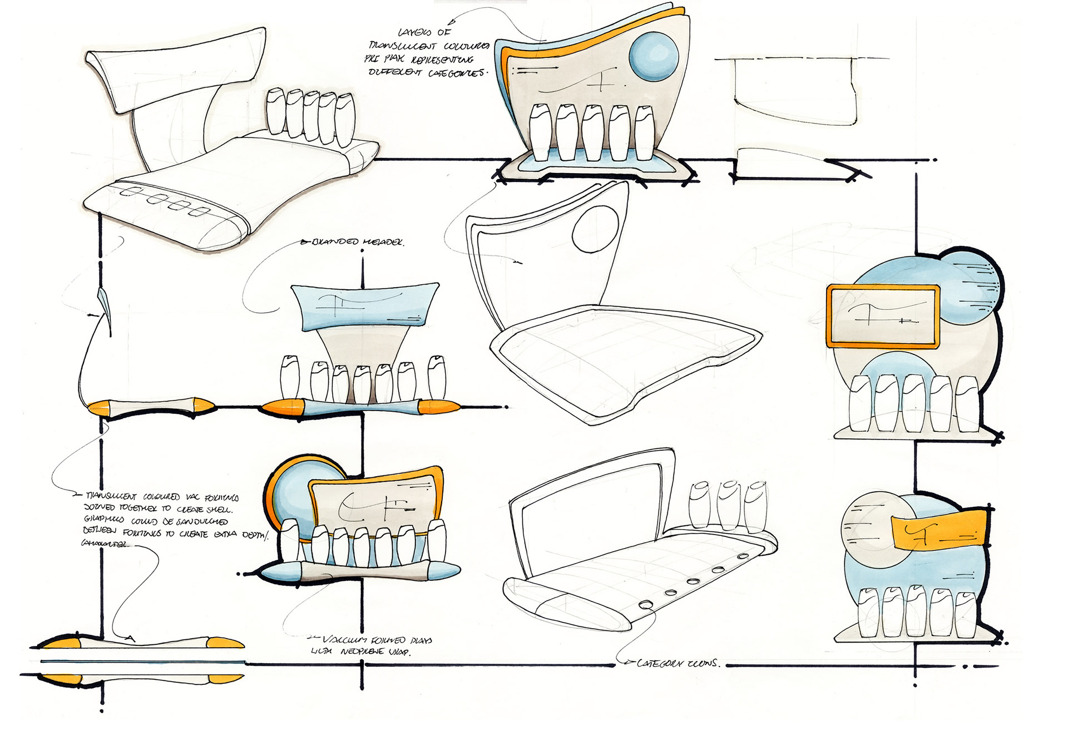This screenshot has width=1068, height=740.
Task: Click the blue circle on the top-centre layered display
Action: pos(654,57)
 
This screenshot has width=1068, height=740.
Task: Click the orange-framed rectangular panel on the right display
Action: pos(883,316)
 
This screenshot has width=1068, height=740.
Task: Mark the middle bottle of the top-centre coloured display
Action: pos(593,132)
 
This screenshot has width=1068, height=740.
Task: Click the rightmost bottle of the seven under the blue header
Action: pos(437,378)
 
